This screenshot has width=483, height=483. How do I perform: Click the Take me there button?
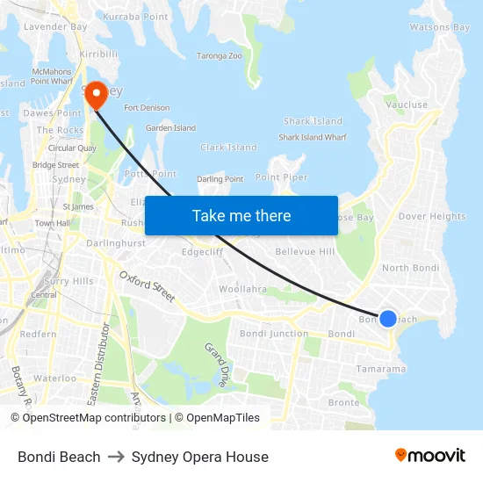(241, 215)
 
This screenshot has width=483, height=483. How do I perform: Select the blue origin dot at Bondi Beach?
(387, 319)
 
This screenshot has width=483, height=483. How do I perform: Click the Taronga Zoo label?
(219, 55)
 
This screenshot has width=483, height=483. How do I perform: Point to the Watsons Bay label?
(440, 27)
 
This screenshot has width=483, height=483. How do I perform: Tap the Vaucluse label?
(407, 105)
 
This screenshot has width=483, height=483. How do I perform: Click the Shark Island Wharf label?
(313, 137)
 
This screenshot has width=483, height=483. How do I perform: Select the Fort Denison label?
(147, 108)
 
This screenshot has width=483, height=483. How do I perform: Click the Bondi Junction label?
(274, 334)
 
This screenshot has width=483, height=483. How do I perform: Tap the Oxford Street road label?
(148, 285)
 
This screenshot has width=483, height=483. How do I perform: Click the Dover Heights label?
(432, 216)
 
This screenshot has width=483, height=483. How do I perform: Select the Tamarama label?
(380, 369)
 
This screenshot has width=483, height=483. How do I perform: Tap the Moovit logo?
(429, 455)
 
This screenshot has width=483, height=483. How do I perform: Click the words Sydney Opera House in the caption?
(199, 457)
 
